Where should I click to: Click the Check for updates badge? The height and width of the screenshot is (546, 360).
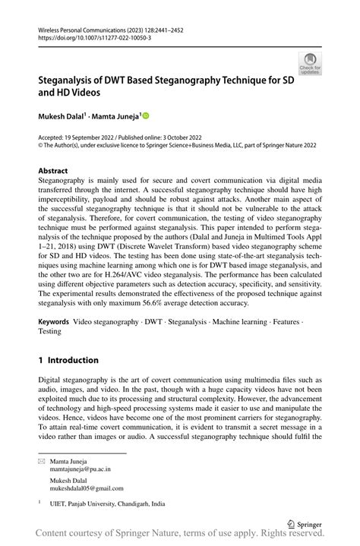click(x=309, y=65)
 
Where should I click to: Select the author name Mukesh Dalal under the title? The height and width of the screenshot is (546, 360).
click(x=62, y=116)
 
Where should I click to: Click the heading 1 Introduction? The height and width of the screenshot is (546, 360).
click(x=68, y=360)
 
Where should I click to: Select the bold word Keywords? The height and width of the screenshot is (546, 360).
click(x=54, y=322)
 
